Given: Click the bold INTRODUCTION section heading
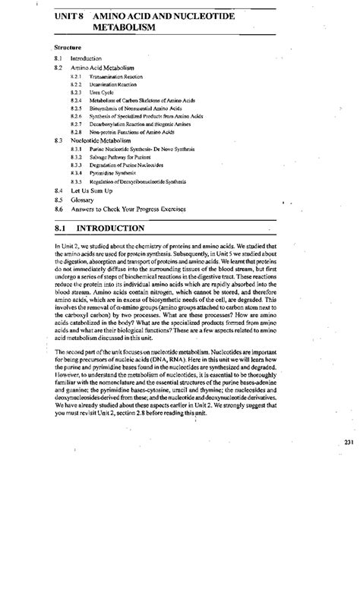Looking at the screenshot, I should pos(113,228).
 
